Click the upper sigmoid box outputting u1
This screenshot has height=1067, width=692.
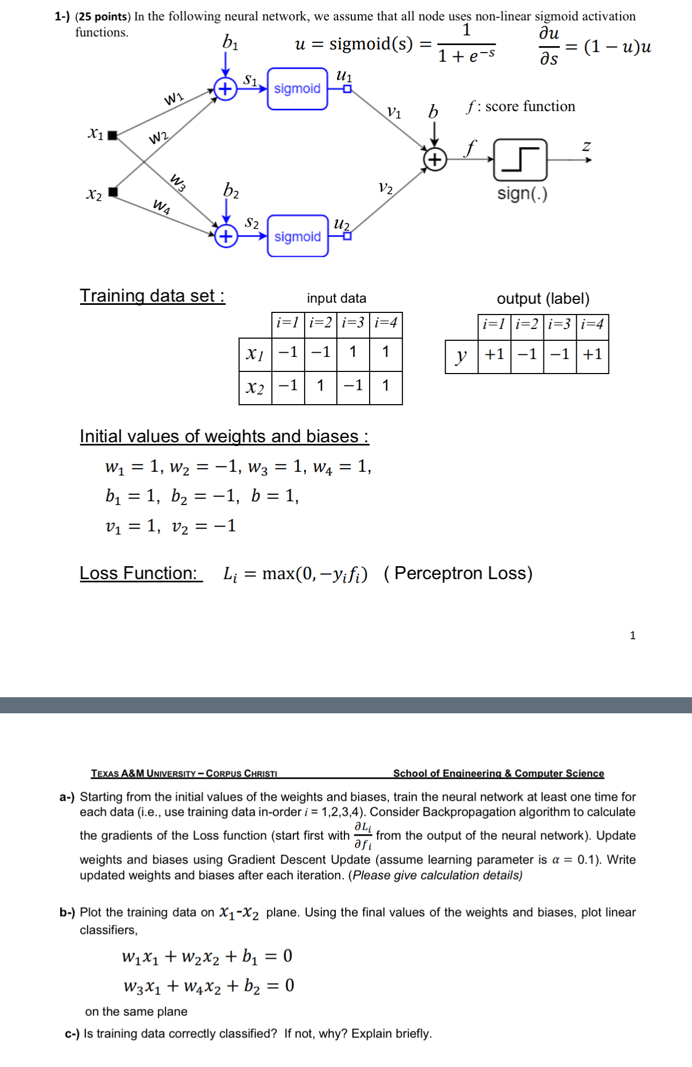point(297,89)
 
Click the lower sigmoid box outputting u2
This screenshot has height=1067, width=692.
point(298,236)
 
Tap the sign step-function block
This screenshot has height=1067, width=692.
point(520,159)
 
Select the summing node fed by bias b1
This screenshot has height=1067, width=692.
point(226,89)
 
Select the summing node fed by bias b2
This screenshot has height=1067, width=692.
point(226,236)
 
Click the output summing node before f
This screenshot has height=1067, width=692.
point(435,159)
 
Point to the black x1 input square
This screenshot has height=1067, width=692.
point(112,135)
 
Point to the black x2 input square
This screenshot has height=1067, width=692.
point(113,192)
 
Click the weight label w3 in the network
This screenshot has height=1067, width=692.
point(179,182)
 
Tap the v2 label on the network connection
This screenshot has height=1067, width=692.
point(386,188)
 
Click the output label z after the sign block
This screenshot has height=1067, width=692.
point(586,146)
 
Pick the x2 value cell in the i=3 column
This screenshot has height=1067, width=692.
point(353,385)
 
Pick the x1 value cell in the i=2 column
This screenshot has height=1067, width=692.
point(320,352)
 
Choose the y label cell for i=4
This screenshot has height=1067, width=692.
point(592,354)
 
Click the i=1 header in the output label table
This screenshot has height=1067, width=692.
point(494,324)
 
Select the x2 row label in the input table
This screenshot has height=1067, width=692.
point(255,387)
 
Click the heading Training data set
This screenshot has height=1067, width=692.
point(152,296)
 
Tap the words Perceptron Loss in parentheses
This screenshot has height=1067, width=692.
point(463,573)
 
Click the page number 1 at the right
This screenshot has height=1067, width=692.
point(632,635)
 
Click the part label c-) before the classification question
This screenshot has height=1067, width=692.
point(72,1034)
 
